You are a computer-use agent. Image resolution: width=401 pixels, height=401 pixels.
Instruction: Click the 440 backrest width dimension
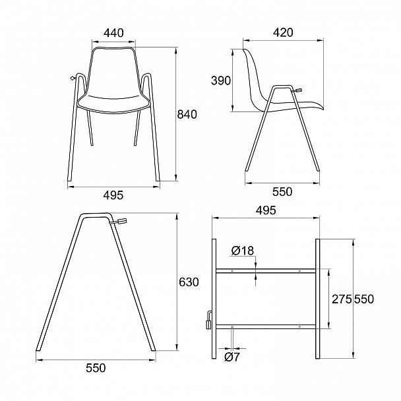point(114,33)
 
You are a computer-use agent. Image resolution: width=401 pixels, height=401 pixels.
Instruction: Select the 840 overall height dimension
point(187,114)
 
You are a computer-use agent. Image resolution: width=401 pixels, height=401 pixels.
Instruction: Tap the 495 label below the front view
point(113,195)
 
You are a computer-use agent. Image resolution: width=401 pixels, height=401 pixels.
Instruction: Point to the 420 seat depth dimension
point(283,32)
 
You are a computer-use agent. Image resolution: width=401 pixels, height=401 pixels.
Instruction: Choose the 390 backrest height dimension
point(221,80)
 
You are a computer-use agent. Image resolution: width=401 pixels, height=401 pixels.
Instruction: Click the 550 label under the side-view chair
point(282,191)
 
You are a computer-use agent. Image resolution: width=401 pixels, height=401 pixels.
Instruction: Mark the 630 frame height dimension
point(189,282)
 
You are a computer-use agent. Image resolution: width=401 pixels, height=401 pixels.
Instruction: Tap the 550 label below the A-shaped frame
point(96,368)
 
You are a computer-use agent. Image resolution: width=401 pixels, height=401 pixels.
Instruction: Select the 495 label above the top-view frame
point(266,210)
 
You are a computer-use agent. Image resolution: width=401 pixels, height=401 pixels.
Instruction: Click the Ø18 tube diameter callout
point(243,251)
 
